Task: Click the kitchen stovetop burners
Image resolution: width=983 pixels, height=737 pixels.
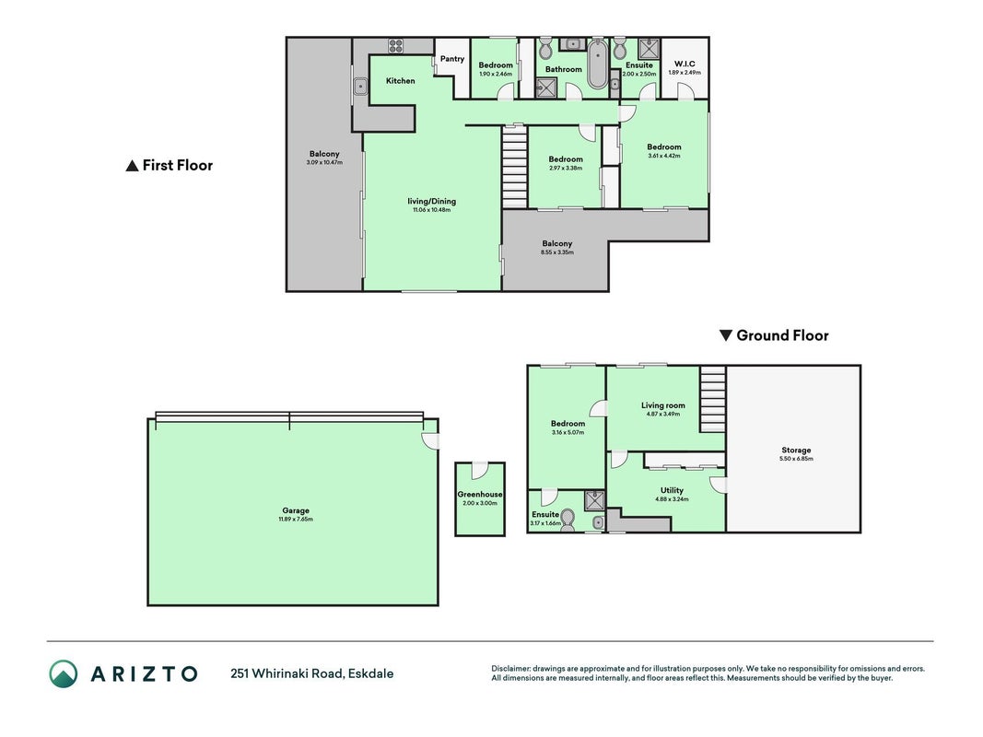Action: [395, 46]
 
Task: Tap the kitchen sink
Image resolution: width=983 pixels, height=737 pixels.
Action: [360, 87]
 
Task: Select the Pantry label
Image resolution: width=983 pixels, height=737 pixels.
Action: [452, 59]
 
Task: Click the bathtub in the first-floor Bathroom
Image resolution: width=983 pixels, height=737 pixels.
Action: [597, 64]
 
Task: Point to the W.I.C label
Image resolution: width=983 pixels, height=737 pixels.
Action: [685, 64]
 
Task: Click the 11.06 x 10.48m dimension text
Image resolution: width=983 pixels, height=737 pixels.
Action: [431, 210]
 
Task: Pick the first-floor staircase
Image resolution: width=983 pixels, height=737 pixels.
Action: [515, 167]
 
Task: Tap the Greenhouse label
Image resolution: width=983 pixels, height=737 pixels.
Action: [480, 495]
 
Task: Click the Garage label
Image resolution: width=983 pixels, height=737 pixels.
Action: [296, 510]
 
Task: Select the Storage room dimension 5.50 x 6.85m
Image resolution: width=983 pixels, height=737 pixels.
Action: [796, 459]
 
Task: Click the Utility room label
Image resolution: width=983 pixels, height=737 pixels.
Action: [672, 491]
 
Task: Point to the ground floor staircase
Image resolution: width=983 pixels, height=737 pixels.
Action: [713, 400]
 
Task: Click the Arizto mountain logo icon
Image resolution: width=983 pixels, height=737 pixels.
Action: [64, 673]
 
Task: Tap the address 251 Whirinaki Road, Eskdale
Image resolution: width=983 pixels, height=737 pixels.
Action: [312, 674]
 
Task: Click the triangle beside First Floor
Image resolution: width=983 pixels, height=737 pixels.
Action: [132, 166]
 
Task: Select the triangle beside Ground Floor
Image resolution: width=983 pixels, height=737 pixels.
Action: [725, 335]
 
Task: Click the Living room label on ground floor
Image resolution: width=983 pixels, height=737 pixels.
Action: [662, 405]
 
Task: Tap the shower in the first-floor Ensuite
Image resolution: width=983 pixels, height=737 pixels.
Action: [649, 48]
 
